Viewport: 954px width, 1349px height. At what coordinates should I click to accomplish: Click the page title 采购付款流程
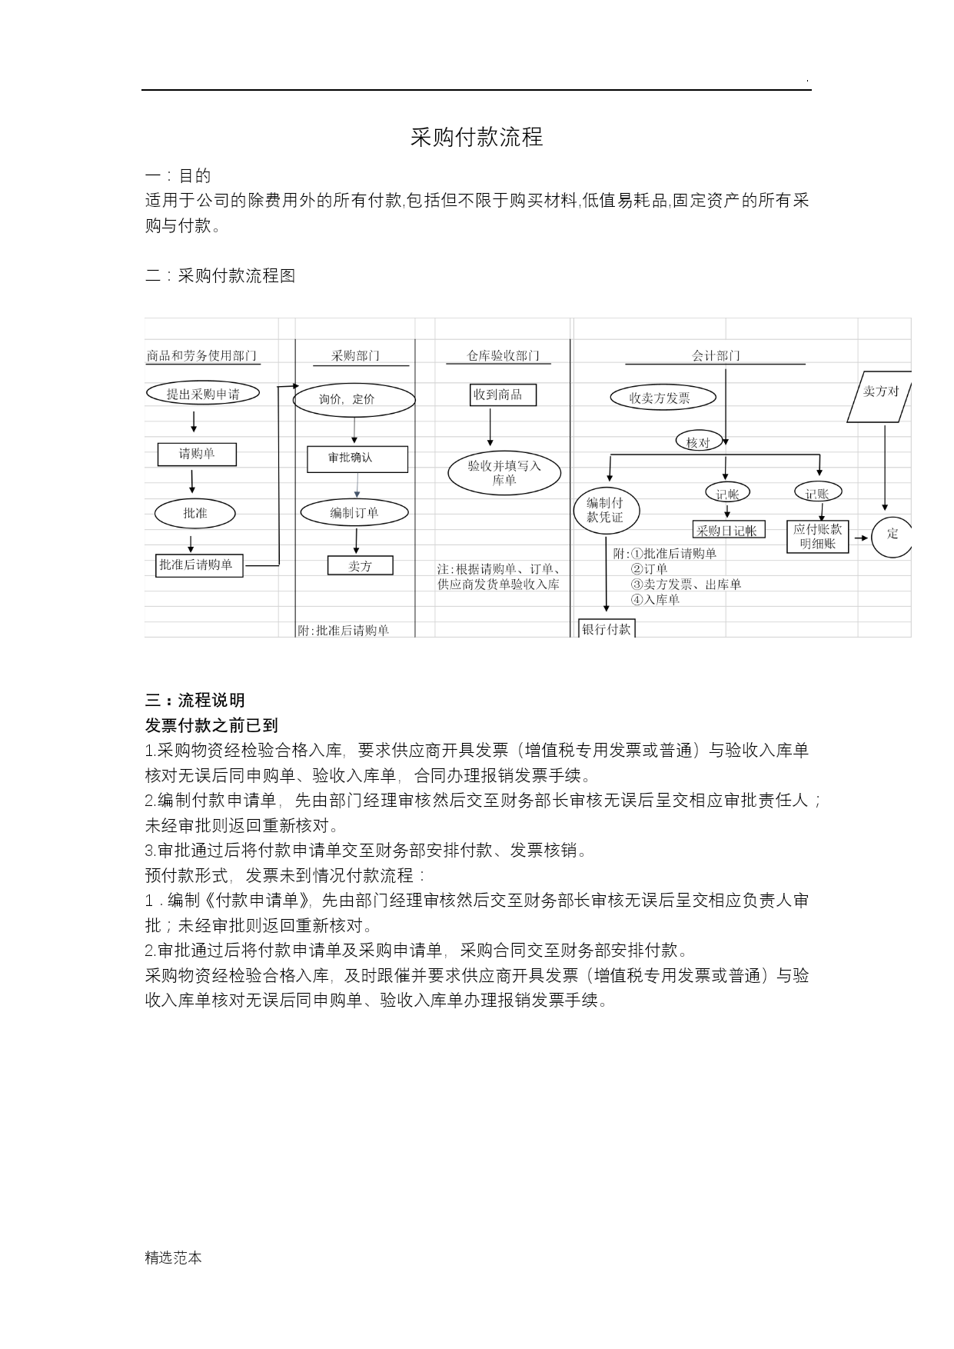(477, 137)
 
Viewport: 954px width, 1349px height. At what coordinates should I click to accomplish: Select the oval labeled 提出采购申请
(203, 394)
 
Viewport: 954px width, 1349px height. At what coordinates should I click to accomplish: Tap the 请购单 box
(197, 454)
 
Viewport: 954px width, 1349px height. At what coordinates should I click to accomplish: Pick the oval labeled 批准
(195, 513)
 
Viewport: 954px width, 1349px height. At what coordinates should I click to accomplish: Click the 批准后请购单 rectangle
(199, 565)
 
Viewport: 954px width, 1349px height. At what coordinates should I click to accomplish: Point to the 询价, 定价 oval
(354, 399)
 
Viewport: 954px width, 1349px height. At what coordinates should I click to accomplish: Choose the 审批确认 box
(357, 458)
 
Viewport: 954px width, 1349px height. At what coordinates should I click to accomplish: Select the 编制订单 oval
(354, 513)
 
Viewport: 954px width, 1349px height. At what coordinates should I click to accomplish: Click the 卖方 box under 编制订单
(361, 565)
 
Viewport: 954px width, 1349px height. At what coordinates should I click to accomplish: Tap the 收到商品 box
(504, 395)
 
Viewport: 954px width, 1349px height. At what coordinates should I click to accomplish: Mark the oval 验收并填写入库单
(505, 473)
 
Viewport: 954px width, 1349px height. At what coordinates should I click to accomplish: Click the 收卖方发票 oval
(663, 398)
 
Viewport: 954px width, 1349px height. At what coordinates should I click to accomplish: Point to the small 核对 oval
(698, 441)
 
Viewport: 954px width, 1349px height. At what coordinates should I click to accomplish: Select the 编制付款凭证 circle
(607, 511)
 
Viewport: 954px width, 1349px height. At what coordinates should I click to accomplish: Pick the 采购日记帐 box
(729, 530)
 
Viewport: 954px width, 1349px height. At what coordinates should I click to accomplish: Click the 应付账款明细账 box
(817, 536)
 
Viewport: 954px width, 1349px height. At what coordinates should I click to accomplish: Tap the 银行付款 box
(607, 628)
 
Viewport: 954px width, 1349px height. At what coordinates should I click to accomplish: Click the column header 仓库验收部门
(504, 355)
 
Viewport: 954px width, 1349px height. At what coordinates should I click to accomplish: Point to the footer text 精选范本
(174, 1258)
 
